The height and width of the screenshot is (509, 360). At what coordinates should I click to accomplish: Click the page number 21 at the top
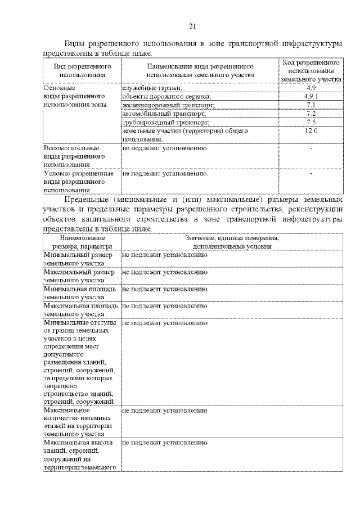click(192, 25)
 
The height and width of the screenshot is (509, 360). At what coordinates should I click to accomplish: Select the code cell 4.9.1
click(311, 96)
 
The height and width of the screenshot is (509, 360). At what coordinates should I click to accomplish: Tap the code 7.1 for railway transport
click(311, 105)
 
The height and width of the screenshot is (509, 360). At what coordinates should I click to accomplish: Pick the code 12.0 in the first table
click(311, 130)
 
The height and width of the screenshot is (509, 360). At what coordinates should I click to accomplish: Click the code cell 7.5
click(311, 122)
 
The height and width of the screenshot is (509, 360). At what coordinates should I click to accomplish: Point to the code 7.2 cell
click(311, 114)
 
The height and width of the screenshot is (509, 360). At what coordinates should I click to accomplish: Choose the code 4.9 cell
click(311, 88)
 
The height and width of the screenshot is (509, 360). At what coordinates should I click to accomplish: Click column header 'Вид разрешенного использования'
click(82, 70)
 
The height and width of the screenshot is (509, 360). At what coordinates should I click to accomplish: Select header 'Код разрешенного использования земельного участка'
click(311, 70)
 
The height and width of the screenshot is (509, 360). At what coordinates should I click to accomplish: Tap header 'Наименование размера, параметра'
click(82, 242)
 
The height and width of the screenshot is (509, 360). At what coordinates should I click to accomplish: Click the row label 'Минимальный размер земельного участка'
click(79, 259)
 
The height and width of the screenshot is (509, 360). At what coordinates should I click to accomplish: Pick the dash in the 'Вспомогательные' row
click(311, 148)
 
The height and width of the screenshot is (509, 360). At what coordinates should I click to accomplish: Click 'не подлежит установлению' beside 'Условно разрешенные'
click(165, 174)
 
